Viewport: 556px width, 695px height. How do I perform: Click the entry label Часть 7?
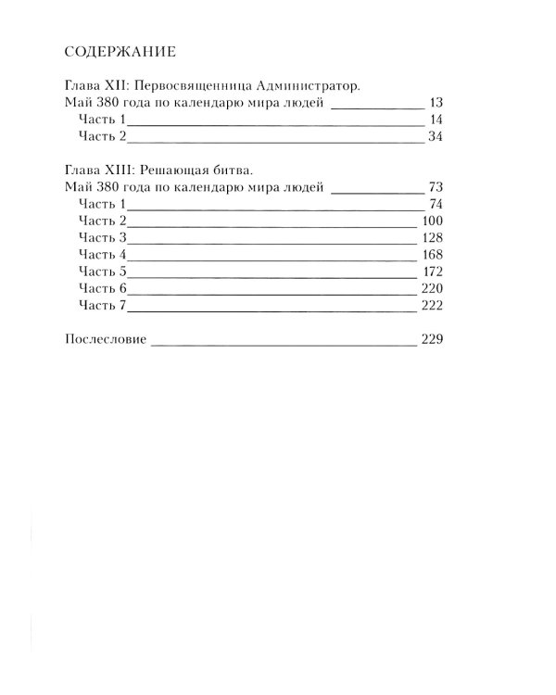coord(102,306)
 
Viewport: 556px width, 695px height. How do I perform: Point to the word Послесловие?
coord(107,340)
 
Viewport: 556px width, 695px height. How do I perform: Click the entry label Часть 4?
coord(102,255)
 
